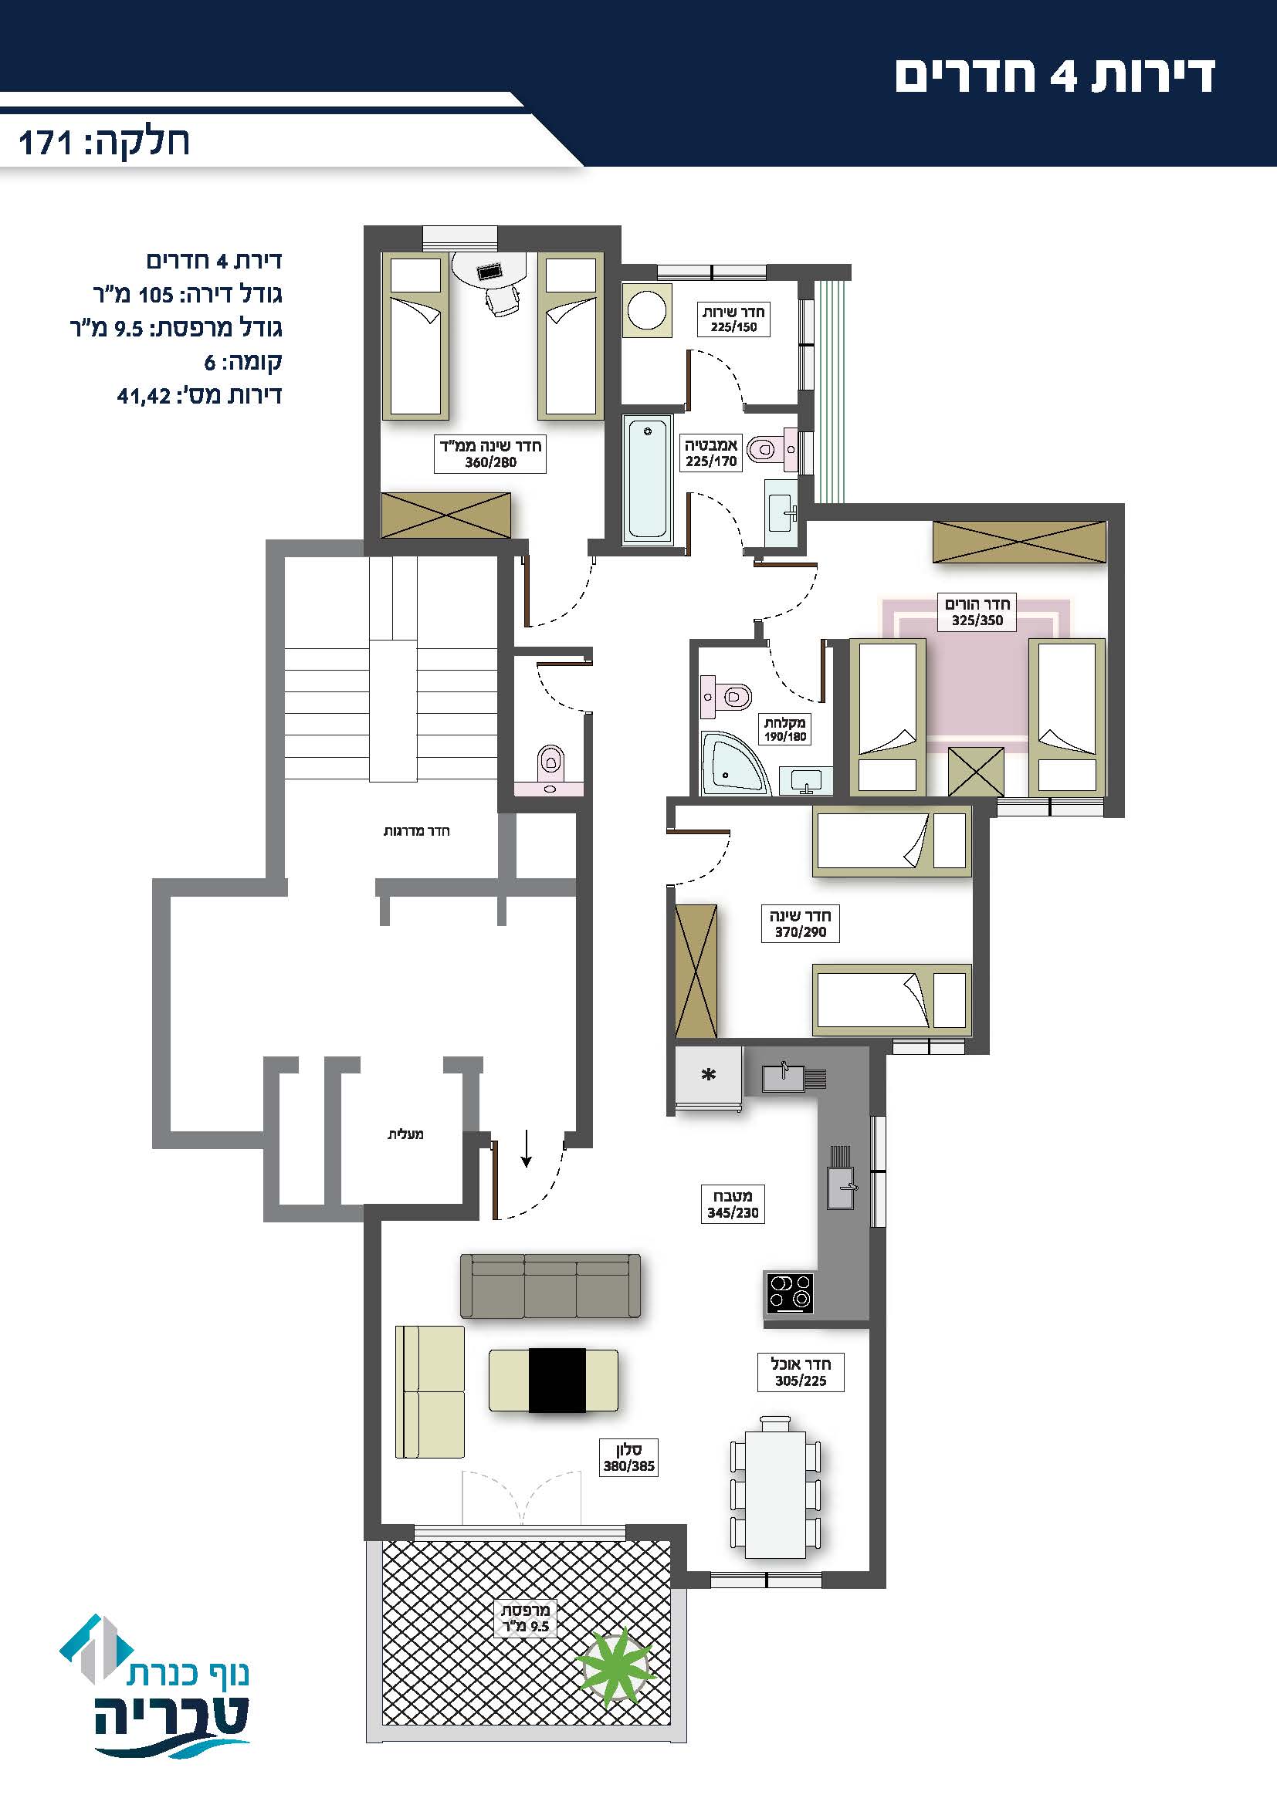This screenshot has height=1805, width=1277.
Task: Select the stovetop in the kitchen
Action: pos(789,1292)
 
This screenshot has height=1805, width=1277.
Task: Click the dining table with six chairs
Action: pos(775,1487)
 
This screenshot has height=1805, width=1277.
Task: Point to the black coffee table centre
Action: pos(557,1380)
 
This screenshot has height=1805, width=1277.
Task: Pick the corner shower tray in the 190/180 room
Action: pos(735,762)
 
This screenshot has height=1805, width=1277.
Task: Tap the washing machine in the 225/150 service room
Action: pos(647,310)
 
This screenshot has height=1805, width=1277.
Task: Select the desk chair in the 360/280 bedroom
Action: pos(502,300)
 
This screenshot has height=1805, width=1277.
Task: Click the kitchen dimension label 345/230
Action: pos(733,1212)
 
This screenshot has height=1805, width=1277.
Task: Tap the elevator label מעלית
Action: pos(406,1134)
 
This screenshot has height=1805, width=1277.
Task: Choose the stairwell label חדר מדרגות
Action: pos(417,831)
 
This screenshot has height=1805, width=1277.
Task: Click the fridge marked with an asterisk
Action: pos(709,1079)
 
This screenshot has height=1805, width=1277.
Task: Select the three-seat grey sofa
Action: pos(550,1286)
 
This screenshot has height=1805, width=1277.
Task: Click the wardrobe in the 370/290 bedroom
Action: pos(696,972)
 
